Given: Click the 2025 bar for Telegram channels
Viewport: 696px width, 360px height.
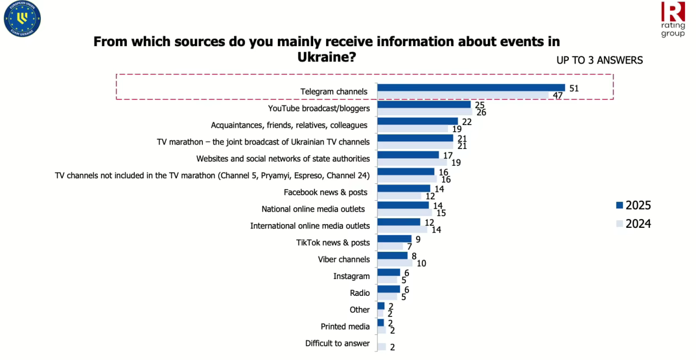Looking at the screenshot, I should [471, 88].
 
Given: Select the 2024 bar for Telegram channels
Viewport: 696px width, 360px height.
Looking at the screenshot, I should [463, 95].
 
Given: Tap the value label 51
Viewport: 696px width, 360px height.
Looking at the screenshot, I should [574, 88].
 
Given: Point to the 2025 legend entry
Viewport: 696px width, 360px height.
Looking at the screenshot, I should [633, 205].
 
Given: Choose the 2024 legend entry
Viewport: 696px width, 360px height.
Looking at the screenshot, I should [633, 224].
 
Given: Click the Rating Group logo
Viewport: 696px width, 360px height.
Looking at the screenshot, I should [673, 20].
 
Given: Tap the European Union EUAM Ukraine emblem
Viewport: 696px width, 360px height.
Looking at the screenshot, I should [22, 19].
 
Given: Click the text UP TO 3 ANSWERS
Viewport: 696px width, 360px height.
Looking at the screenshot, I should [599, 60].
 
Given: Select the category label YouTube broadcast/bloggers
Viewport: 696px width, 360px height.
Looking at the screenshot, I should [319, 108].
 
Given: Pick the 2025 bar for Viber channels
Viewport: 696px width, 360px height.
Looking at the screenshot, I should [392, 256].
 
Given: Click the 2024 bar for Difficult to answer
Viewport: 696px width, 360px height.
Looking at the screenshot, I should [381, 346].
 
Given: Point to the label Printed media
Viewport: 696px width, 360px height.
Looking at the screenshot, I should [345, 326].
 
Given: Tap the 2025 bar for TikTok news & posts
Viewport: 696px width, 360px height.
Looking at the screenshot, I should [394, 239].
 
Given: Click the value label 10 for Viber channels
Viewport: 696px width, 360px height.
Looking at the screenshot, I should [421, 263].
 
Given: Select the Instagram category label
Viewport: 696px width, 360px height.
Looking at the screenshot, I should [351, 276].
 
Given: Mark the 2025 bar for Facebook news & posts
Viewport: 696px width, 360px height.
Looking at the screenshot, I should [403, 188].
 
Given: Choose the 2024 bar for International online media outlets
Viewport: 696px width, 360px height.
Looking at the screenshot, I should [402, 229].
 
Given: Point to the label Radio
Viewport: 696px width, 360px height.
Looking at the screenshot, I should [360, 293].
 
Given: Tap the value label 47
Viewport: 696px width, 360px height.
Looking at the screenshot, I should [558, 96].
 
